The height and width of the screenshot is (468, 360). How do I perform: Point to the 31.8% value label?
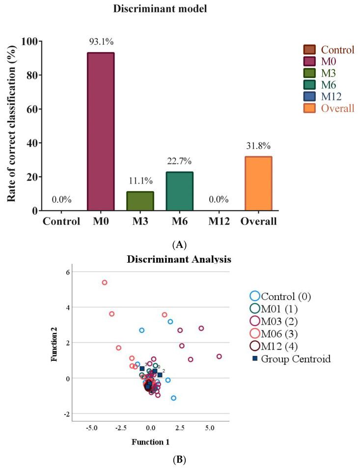[258, 146]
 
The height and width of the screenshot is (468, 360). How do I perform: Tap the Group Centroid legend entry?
[293, 358]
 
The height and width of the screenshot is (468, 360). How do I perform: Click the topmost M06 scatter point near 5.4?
[105, 282]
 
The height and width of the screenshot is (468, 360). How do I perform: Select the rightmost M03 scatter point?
[219, 356]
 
